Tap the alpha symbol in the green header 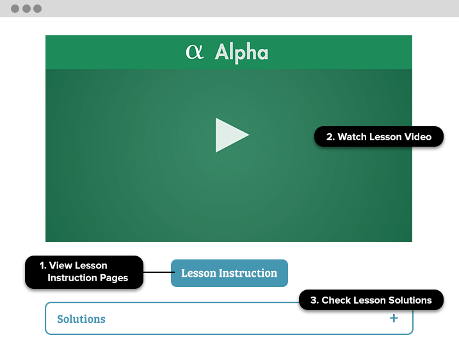pyautogui.click(x=195, y=52)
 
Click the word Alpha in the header pyautogui.click(x=241, y=52)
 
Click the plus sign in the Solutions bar pyautogui.click(x=394, y=318)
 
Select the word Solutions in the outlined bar pyautogui.click(x=81, y=319)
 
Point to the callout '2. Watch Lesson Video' pyautogui.click(x=379, y=136)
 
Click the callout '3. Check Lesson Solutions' pyautogui.click(x=371, y=300)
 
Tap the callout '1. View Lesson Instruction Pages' pyautogui.click(x=85, y=272)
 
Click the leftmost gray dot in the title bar pyautogui.click(x=15, y=8)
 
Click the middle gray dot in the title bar pyautogui.click(x=26, y=8)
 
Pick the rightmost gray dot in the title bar pyautogui.click(x=38, y=8)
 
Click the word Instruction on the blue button pyautogui.click(x=248, y=273)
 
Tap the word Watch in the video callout pyautogui.click(x=352, y=137)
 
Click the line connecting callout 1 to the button pyautogui.click(x=159, y=272)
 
